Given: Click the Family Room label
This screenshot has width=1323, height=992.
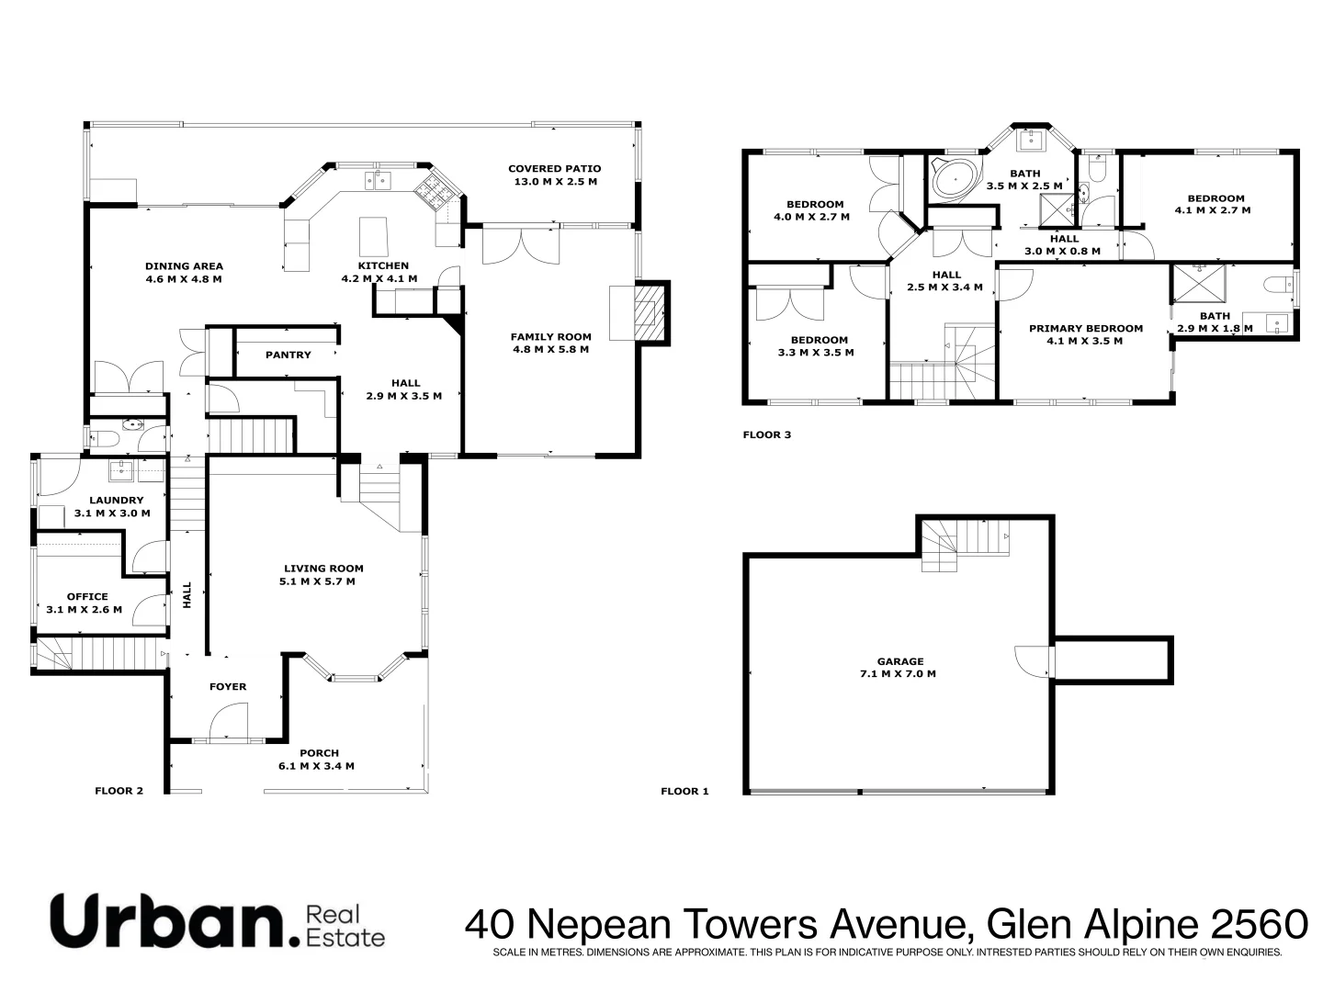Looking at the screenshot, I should tap(550, 337).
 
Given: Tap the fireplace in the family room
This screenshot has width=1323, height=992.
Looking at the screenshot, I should tap(649, 312).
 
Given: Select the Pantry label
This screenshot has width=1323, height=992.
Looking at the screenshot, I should tap(288, 355).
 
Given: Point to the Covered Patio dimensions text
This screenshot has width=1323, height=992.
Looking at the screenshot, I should tap(554, 182).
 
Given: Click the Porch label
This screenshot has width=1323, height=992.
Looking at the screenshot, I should tap(319, 753).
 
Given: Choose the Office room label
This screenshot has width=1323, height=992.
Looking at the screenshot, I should tap(86, 596).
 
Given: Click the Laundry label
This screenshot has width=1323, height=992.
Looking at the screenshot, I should tap(116, 501).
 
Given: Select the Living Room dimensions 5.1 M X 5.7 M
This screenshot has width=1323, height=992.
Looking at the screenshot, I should tap(317, 581).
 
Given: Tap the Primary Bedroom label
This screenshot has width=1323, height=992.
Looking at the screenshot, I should tap(1085, 328).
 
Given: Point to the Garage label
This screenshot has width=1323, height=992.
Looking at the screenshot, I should tap(899, 661).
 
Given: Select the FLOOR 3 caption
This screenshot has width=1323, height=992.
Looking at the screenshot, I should tap(766, 435).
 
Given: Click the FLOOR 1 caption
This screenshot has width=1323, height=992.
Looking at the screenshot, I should tap(684, 791).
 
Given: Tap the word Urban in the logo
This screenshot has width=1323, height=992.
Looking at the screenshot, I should tap(166, 920).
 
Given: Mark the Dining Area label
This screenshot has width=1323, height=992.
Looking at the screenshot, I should tap(184, 266).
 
